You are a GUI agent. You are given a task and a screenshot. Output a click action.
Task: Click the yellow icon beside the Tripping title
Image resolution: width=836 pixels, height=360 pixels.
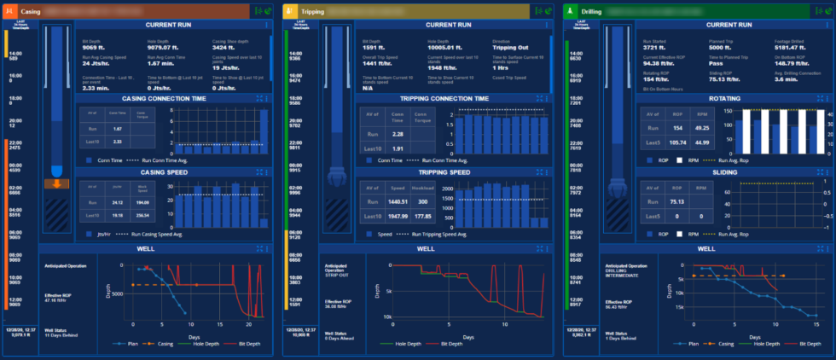pyautogui.click(x=292, y=12)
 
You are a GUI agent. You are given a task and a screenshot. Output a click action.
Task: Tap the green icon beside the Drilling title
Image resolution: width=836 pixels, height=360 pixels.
pyautogui.click(x=570, y=12)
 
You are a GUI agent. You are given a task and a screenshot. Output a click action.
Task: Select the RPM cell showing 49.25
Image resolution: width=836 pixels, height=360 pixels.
pyautogui.click(x=701, y=127)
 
